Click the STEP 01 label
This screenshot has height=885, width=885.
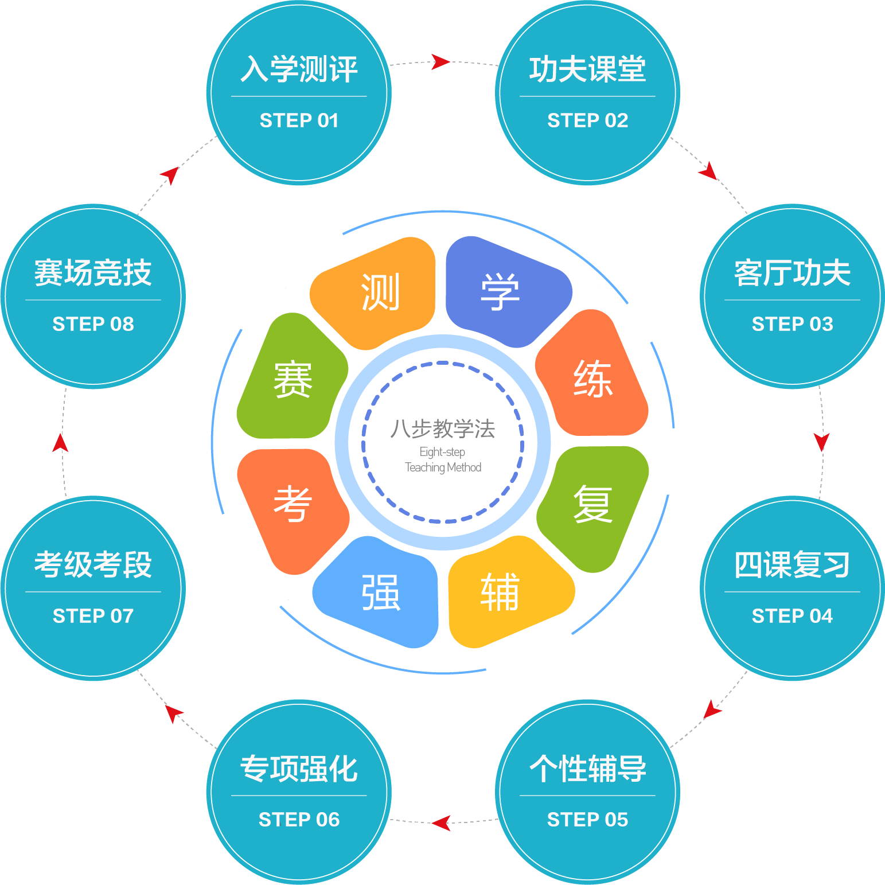point(299,120)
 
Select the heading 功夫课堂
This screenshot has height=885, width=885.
point(587,69)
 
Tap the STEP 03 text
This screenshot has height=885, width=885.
point(792,324)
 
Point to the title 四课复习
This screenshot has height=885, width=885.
point(792,564)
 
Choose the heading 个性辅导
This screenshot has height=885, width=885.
point(587,769)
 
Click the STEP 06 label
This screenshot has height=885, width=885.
point(299,820)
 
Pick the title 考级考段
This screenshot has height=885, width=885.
point(93,564)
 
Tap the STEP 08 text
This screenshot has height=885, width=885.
point(93,324)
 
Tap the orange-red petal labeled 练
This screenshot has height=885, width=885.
point(593,379)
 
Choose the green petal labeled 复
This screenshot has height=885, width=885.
point(593,505)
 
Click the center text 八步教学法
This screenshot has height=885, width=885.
point(442,428)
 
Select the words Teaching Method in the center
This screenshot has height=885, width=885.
point(443,467)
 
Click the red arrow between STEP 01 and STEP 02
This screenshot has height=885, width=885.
point(440,61)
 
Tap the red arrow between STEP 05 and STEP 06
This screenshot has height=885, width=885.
point(440,823)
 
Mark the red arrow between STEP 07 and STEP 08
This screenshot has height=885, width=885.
point(60,443)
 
